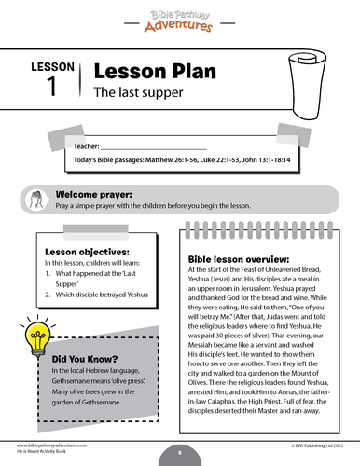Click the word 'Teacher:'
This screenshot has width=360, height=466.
[x=84, y=146]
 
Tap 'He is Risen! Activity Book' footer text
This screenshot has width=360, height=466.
[x=46, y=456]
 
